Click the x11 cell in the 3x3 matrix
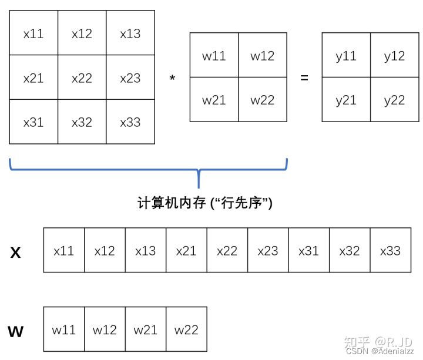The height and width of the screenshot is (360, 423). tap(33, 33)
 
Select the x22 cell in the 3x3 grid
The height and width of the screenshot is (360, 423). tap(82, 78)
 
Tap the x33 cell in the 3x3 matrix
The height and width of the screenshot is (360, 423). tap(130, 122)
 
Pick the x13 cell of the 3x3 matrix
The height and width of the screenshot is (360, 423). tap(130, 33)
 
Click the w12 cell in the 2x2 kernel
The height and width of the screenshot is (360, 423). tap(263, 56)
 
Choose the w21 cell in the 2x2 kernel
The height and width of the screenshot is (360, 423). tap(214, 100)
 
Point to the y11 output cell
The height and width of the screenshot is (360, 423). tap(346, 56)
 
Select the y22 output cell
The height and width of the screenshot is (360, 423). tap(395, 100)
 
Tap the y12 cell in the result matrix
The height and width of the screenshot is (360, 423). tap(395, 56)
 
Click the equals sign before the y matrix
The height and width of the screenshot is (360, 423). tap(304, 77)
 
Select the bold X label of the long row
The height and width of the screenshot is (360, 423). tap(16, 253)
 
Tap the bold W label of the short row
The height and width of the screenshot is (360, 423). tap(16, 332)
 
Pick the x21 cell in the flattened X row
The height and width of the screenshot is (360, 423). tap(186, 251)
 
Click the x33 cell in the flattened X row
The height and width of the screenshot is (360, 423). tap(390, 251)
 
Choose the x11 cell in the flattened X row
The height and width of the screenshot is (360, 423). tap(64, 251)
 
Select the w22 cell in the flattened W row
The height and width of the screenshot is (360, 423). tap(186, 329)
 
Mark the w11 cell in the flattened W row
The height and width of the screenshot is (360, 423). tap(64, 329)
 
